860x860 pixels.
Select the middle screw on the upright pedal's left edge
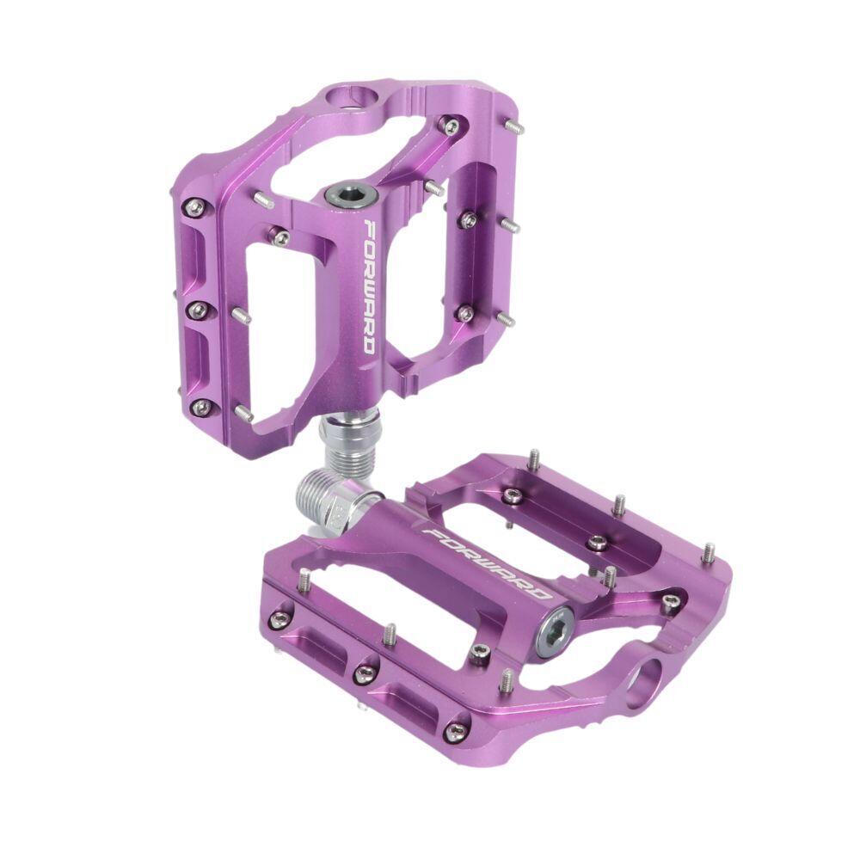pyautogui.click(x=198, y=309)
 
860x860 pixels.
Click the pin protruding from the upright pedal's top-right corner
pyautogui.click(x=514, y=128)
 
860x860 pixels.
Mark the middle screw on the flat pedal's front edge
pyautogui.click(x=364, y=672)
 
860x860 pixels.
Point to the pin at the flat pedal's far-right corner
pyautogui.click(x=708, y=552)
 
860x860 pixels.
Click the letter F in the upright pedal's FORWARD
pyautogui.click(x=369, y=229)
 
